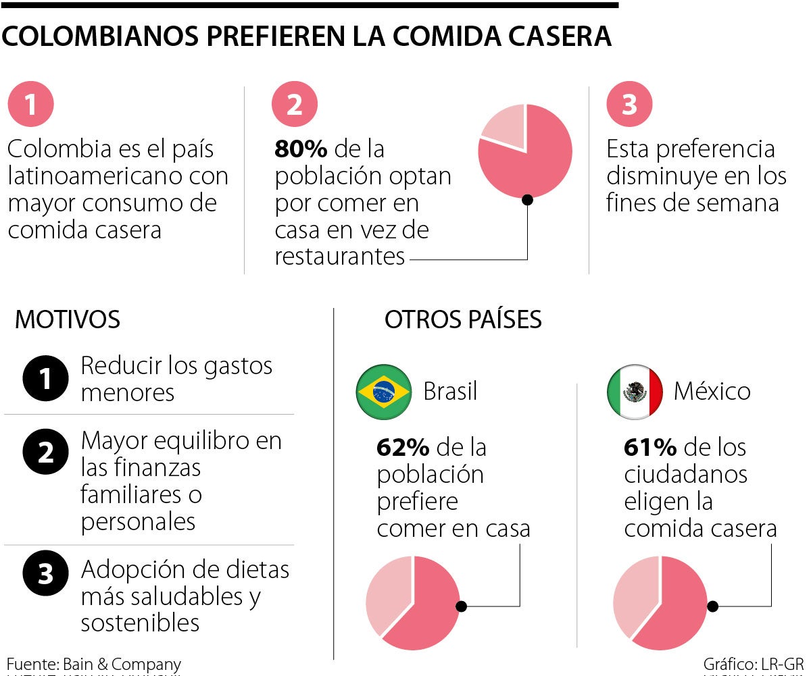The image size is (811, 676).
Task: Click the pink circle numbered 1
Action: [30, 105]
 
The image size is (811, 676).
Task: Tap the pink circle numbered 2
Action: [295, 105]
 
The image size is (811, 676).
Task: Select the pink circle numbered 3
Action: [629, 105]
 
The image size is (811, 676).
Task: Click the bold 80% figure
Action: [300, 149]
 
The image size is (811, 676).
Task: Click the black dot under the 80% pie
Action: [527, 199]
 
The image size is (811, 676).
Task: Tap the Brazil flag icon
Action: [384, 392]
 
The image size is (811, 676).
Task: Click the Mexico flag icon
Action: [635, 392]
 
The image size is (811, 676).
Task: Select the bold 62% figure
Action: [403, 448]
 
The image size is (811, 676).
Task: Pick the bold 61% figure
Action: [650, 448]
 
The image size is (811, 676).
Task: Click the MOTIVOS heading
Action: [68, 319]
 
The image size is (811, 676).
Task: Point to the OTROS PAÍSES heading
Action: [463, 319]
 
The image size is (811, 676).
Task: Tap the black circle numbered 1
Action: [45, 378]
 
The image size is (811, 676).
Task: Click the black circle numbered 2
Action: [45, 452]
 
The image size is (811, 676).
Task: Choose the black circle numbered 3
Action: [45, 573]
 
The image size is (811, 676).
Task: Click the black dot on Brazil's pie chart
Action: [462, 606]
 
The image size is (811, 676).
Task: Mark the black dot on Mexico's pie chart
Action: [712, 606]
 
